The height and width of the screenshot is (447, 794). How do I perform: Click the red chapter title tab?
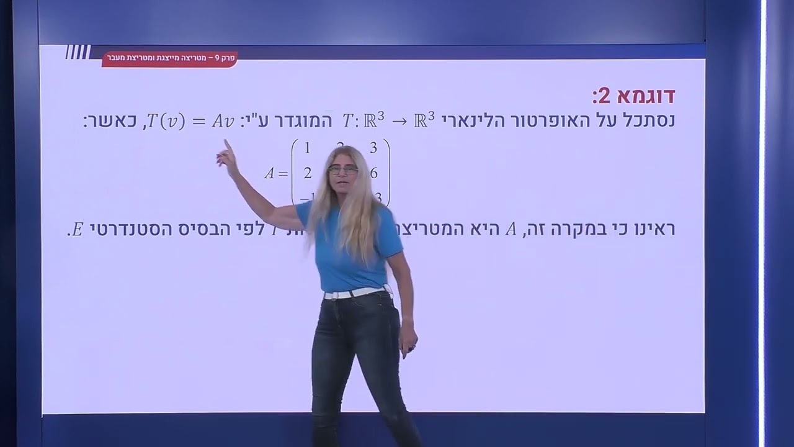(169, 58)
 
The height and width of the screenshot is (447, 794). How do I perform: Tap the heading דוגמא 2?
(633, 96)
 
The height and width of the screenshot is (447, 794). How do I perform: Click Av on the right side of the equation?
(223, 121)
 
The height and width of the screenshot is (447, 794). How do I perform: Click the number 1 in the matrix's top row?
(306, 148)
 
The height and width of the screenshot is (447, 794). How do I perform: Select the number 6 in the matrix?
(373, 173)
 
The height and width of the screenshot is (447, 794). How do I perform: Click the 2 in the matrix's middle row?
(308, 173)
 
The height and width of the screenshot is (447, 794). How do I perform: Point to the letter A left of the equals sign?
(269, 174)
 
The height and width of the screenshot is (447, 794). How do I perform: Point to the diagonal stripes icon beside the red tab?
(78, 52)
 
